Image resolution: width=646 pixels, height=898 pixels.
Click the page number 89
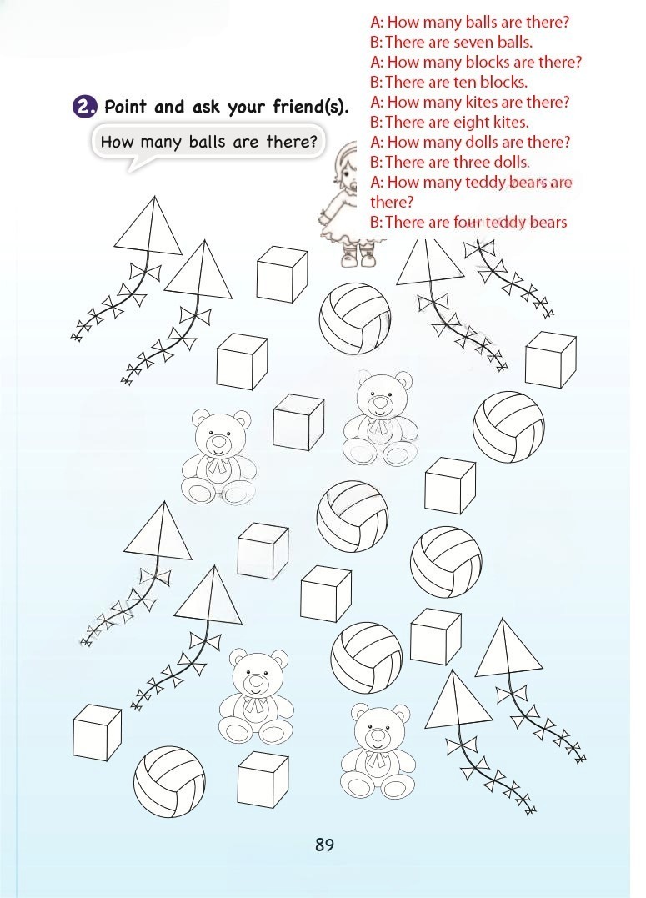click(x=324, y=845)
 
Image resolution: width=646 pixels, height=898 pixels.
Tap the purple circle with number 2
click(x=84, y=107)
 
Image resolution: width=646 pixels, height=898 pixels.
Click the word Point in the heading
click(x=125, y=107)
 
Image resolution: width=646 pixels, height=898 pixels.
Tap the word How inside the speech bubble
click(x=114, y=142)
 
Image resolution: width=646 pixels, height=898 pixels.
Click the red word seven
click(x=475, y=43)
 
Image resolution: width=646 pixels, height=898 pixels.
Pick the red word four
click(x=468, y=222)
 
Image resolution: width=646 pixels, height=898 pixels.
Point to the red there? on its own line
click(x=392, y=202)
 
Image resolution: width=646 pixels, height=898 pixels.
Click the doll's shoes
click(x=358, y=258)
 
